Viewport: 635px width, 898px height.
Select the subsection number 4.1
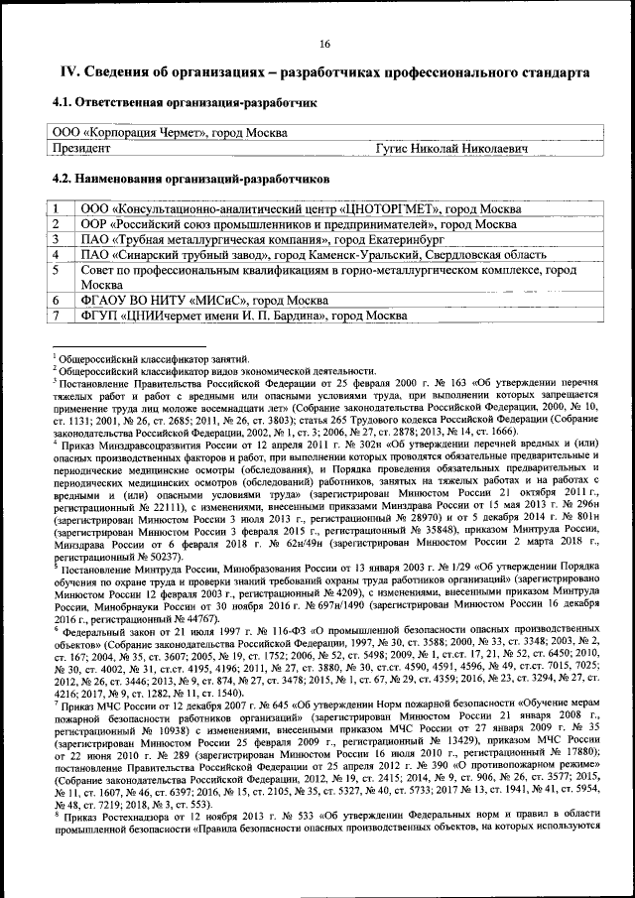click(x=64, y=102)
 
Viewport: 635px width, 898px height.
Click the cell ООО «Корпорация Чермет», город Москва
click(x=168, y=132)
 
